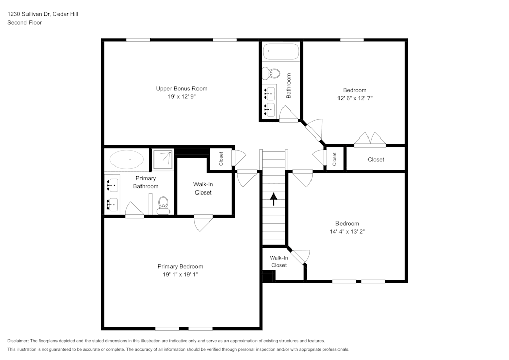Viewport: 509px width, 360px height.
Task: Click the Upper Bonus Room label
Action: tap(181, 89)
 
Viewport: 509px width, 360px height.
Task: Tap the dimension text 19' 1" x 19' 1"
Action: tap(180, 275)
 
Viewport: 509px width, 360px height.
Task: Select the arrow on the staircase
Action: tap(274, 199)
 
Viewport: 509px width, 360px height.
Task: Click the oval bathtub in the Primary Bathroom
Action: tap(127, 159)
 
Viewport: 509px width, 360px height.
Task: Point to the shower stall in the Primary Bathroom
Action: tap(163, 159)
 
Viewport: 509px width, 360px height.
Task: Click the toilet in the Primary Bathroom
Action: tap(163, 206)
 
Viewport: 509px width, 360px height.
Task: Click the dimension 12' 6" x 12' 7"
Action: tap(354, 98)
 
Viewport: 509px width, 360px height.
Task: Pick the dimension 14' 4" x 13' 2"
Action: tap(347, 231)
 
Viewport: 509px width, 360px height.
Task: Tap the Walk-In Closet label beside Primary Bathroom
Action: tap(203, 188)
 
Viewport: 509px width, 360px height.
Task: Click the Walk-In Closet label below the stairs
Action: tap(279, 262)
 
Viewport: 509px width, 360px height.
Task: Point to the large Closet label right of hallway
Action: tap(376, 160)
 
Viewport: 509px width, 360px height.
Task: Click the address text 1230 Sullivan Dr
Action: tap(29, 14)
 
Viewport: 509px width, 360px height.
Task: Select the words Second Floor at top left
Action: tap(24, 23)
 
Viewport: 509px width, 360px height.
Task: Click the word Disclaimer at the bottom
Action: tap(18, 341)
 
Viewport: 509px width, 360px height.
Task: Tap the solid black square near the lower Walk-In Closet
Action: tap(268, 276)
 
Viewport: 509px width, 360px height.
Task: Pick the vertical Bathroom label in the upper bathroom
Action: tap(289, 86)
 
